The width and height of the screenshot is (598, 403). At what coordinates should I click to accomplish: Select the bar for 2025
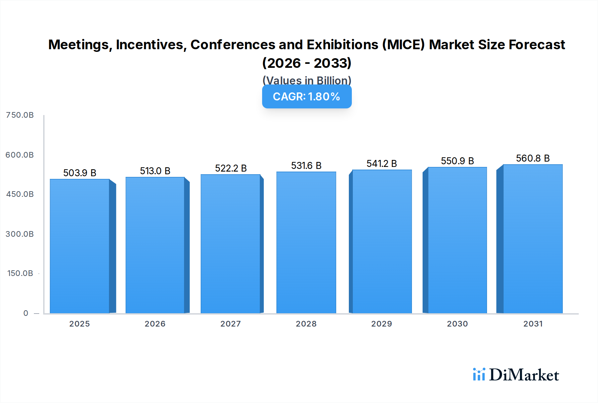pyautogui.click(x=80, y=246)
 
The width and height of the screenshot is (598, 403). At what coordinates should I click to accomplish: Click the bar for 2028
pyautogui.click(x=306, y=243)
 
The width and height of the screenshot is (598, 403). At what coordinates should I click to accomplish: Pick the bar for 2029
pyautogui.click(x=382, y=241)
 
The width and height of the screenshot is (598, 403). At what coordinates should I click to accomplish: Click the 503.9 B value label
pyautogui.click(x=80, y=173)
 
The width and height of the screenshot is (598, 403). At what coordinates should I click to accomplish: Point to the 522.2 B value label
pyautogui.click(x=231, y=168)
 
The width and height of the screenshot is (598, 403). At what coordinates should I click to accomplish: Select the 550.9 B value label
pyautogui.click(x=457, y=161)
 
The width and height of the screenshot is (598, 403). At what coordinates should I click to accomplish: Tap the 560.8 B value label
pyautogui.click(x=533, y=158)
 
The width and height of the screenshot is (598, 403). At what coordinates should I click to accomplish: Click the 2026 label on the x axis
pyautogui.click(x=155, y=324)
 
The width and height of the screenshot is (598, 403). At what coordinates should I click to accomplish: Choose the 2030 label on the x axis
pyautogui.click(x=457, y=324)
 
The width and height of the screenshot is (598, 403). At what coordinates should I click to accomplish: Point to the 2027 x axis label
pyautogui.click(x=231, y=324)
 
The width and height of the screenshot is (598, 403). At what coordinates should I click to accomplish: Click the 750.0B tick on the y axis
pyautogui.click(x=20, y=115)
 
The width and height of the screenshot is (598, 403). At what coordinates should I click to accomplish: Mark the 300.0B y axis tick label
pyautogui.click(x=20, y=234)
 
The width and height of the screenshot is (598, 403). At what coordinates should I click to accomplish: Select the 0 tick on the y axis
pyautogui.click(x=26, y=313)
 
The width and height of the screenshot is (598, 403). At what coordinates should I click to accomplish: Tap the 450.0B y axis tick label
pyautogui.click(x=20, y=194)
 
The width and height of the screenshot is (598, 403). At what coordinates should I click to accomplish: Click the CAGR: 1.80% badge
pyautogui.click(x=307, y=97)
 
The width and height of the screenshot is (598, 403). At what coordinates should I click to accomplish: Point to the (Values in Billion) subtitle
pyautogui.click(x=307, y=80)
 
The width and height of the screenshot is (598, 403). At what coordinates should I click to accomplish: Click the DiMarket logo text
pyautogui.click(x=524, y=375)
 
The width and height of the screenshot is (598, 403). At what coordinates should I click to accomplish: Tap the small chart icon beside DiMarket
pyautogui.click(x=479, y=374)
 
